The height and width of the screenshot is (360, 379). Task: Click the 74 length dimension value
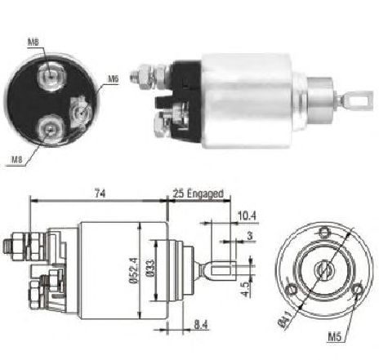click(x=100, y=193)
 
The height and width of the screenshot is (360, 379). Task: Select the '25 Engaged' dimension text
click(x=198, y=193)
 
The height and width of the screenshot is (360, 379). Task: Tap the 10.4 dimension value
click(x=247, y=216)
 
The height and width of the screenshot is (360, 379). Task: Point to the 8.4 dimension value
click(x=201, y=325)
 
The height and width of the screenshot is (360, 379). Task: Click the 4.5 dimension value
click(x=245, y=289)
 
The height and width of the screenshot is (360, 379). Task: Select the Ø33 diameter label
click(x=150, y=269)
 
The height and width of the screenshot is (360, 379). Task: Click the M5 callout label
click(x=334, y=337)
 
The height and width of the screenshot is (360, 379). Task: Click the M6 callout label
click(x=114, y=79)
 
